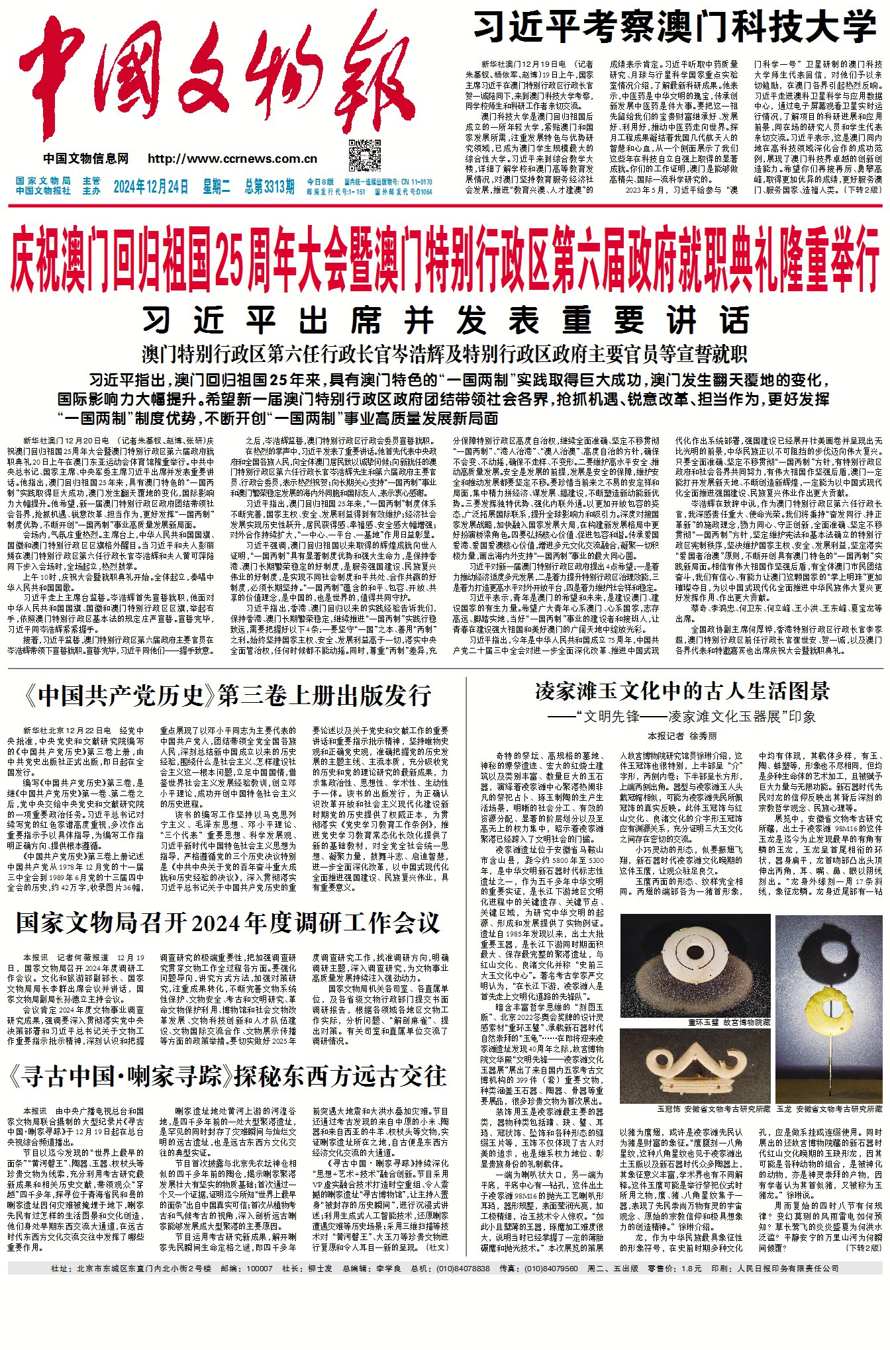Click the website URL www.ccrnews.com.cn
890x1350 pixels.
(232, 159)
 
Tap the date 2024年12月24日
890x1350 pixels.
(151, 187)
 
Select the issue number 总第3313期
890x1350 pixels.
(270, 187)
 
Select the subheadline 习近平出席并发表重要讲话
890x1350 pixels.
(446, 321)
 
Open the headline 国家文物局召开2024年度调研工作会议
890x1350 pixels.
(228, 923)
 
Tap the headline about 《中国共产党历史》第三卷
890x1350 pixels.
(227, 696)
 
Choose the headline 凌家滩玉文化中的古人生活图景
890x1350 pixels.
(683, 692)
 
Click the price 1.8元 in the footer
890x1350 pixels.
(691, 1269)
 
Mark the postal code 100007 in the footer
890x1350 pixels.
(259, 1269)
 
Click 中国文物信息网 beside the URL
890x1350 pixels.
(86, 159)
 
